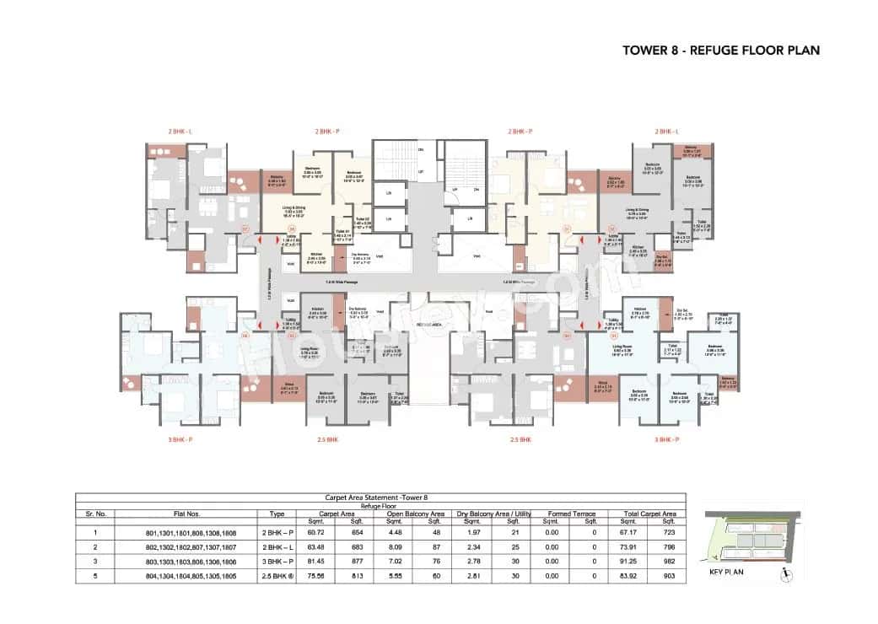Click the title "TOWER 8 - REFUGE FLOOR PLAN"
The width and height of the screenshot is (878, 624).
(720, 50)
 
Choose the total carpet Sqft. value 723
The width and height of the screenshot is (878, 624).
(670, 533)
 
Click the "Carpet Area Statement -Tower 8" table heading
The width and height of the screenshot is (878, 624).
(380, 498)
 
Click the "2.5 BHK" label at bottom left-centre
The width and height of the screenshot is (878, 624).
(326, 439)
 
